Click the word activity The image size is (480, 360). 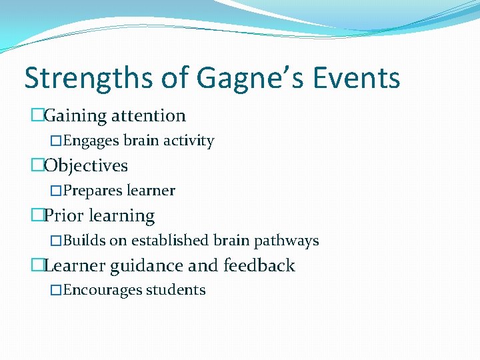pyautogui.click(x=189, y=141)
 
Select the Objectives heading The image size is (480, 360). pyautogui.click(x=86, y=165)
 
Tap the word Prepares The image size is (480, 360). pyautogui.click(x=93, y=191)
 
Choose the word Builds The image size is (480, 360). pyautogui.click(x=83, y=241)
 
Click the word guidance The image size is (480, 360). pyautogui.click(x=146, y=266)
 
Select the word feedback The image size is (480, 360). pyautogui.click(x=259, y=266)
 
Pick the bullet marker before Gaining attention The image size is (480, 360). pyautogui.click(x=37, y=116)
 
